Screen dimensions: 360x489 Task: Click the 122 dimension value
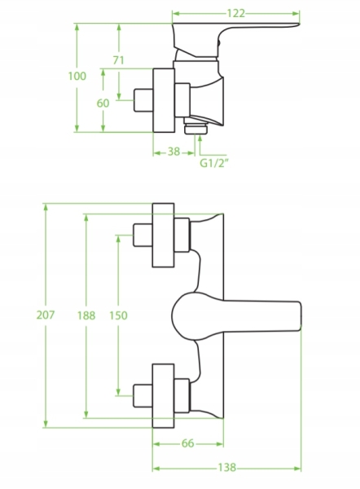point(235,13)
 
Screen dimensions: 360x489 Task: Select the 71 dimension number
point(118,59)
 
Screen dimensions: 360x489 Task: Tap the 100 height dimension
point(77,76)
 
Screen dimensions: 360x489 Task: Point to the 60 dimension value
point(103,104)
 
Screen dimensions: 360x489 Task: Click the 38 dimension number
point(174,152)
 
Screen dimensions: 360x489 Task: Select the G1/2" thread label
point(214,163)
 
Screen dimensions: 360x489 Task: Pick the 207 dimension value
point(46,315)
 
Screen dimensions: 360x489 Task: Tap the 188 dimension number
point(86,315)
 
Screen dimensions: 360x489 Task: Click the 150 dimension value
point(118,315)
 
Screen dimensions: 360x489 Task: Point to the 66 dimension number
point(187,443)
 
